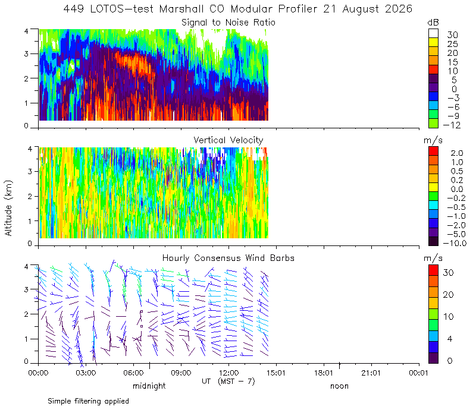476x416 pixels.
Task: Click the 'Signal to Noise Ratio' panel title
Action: coord(228,23)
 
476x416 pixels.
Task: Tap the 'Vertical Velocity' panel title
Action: coord(228,140)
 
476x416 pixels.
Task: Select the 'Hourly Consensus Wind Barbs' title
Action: coord(228,258)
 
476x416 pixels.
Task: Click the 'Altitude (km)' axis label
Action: coord(8,208)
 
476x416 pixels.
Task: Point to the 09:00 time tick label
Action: coord(181,373)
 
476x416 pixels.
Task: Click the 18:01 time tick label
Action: coord(324,373)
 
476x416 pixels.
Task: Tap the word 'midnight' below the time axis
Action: coord(149,386)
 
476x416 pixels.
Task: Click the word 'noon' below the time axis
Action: coord(339,386)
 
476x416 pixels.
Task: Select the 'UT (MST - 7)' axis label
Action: coord(228,381)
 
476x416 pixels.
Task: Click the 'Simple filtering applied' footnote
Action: coord(88,402)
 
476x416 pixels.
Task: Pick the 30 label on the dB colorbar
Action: coord(452,35)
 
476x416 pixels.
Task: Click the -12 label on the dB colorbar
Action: coord(452,125)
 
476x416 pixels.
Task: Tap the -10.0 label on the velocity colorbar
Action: coord(455,243)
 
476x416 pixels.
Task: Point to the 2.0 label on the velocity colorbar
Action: coord(457,153)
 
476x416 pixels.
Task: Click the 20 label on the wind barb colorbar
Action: coord(449,295)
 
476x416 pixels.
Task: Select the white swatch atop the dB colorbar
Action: coord(433,33)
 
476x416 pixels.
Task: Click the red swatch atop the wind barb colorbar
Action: coord(433,270)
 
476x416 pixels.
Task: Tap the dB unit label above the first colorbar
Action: coord(433,23)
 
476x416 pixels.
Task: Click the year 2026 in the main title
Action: coord(399,9)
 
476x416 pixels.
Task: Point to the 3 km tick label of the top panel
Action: coord(26,53)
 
